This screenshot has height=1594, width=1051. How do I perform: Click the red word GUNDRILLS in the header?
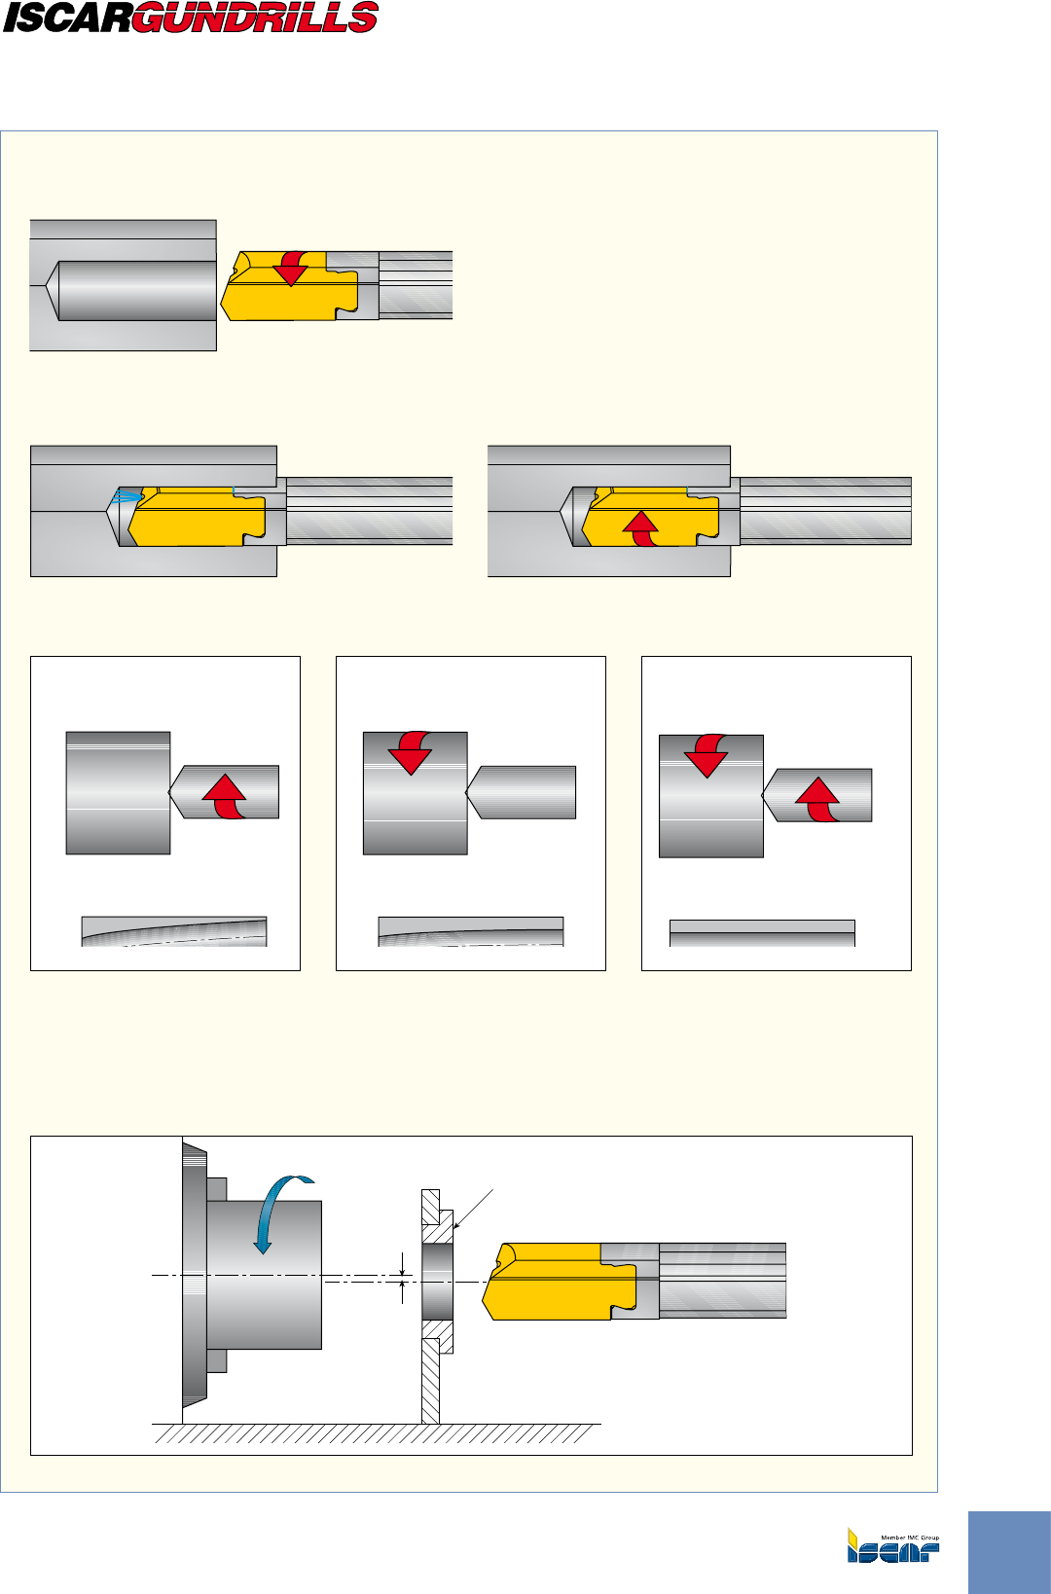(255, 18)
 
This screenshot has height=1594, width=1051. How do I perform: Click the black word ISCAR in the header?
(66, 18)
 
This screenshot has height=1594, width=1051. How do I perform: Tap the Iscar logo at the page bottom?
(892, 1545)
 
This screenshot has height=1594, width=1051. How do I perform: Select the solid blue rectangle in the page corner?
(1009, 1551)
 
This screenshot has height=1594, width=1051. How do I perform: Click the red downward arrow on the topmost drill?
(291, 268)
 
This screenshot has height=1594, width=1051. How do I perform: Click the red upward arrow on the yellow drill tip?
(640, 528)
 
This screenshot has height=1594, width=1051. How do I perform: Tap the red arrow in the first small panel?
(226, 796)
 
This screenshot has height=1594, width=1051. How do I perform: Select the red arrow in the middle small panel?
(411, 751)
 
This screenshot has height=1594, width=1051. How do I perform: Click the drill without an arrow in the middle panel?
(523, 792)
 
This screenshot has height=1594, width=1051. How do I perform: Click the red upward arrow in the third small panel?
(817, 800)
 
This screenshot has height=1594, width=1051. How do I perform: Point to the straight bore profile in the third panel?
(762, 933)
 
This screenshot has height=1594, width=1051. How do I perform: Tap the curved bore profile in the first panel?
(173, 931)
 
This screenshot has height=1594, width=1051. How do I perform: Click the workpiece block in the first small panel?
(118, 793)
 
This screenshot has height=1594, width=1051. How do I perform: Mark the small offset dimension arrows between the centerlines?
(404, 1279)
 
